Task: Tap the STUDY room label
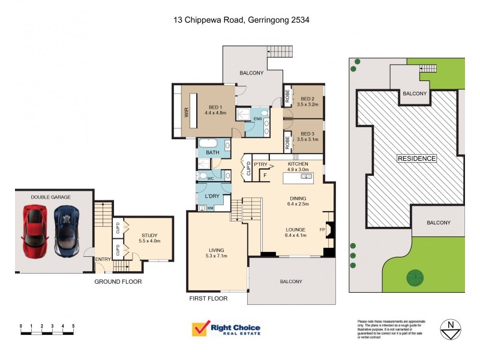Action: (x=150, y=236)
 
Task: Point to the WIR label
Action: (x=186, y=111)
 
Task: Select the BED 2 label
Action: (x=307, y=99)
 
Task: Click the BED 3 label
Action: (x=307, y=134)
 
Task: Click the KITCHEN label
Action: (x=298, y=164)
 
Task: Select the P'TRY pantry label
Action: (x=260, y=164)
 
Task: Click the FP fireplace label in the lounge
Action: (x=322, y=229)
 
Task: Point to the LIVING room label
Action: (x=217, y=250)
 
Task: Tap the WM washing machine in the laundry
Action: (x=210, y=208)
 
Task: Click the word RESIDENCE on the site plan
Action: (x=416, y=158)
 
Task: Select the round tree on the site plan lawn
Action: (x=413, y=277)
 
